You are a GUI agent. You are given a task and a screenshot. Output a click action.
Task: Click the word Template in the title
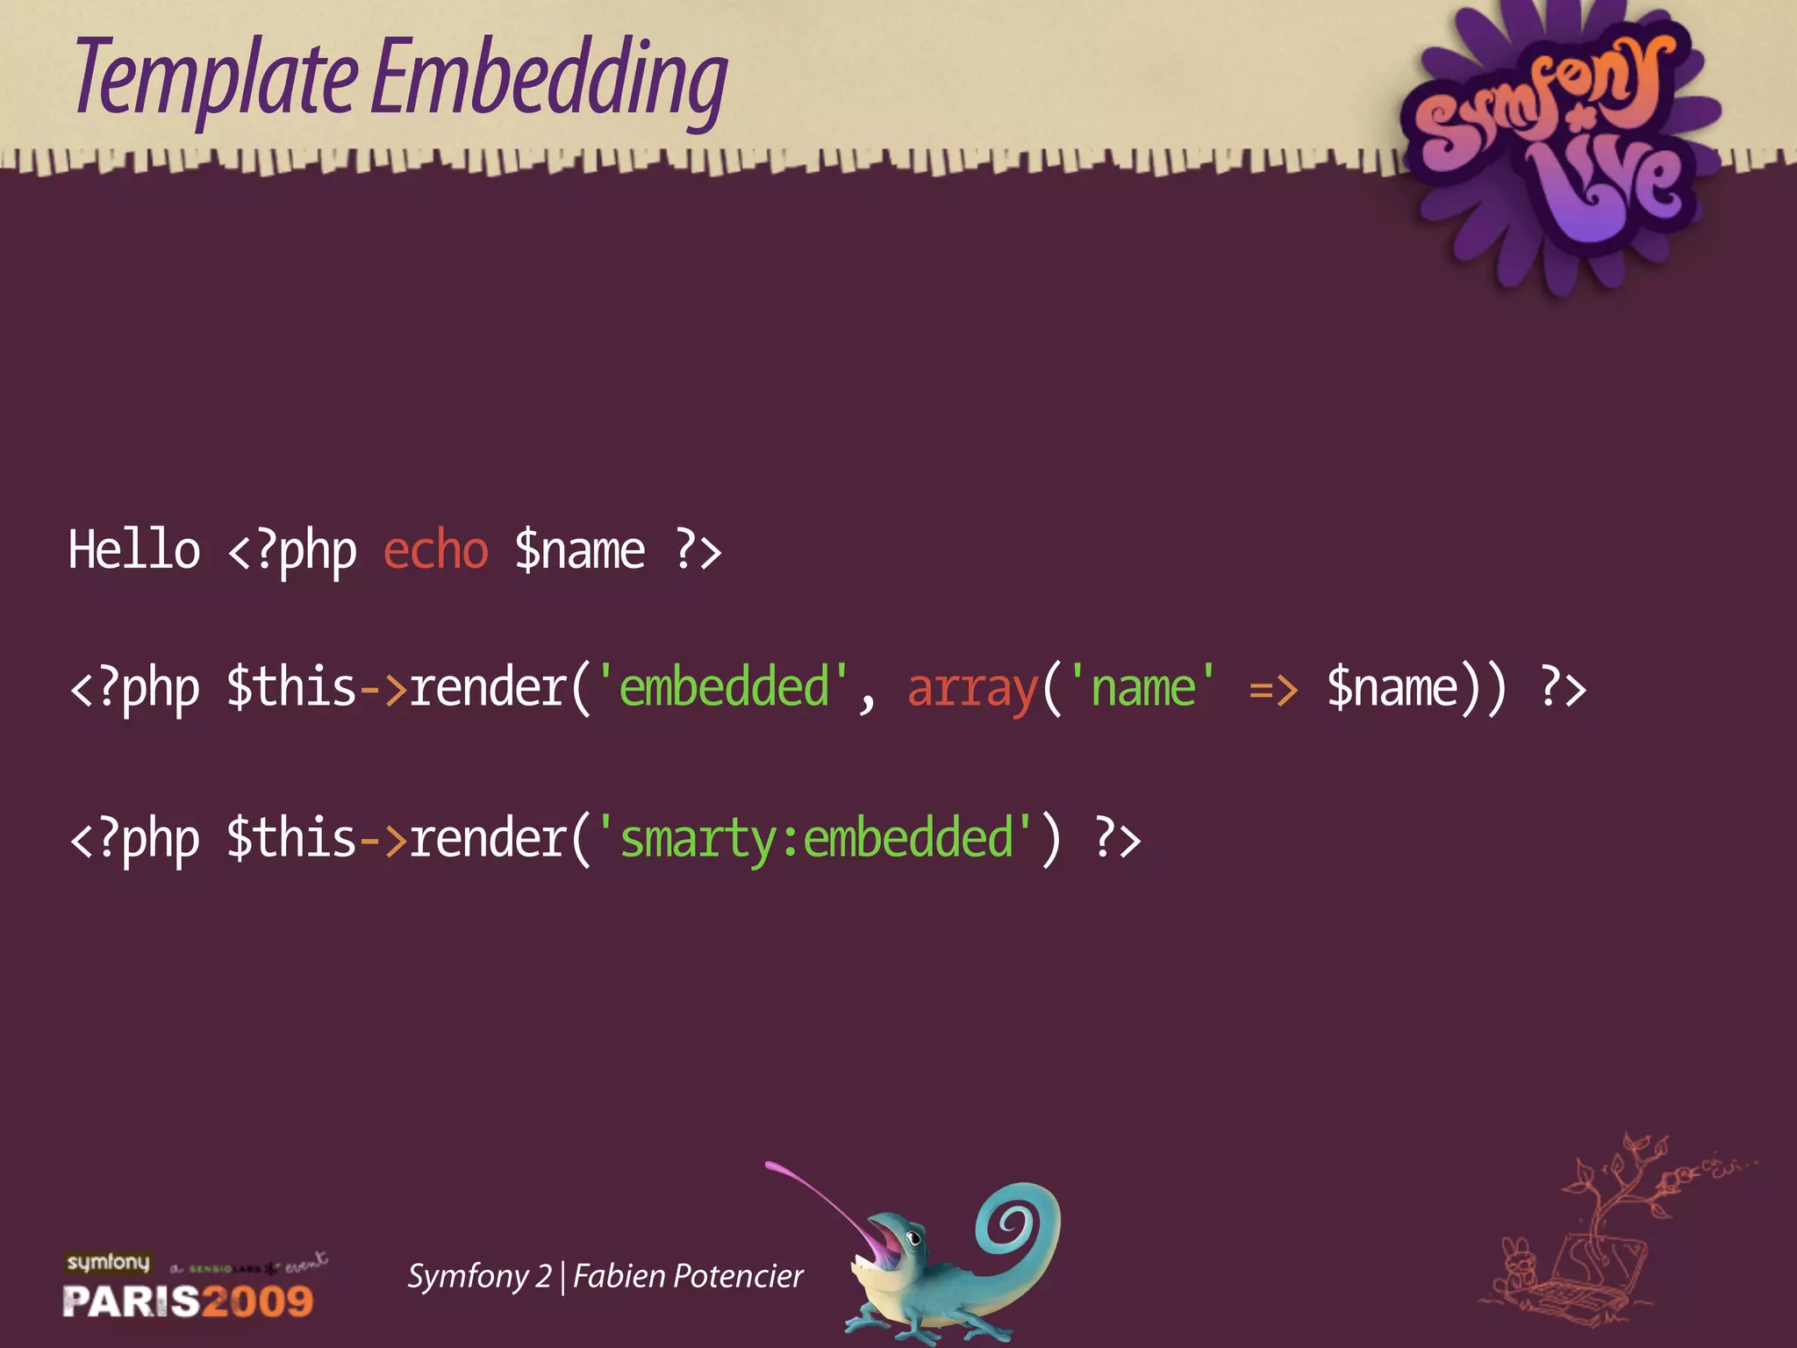click(216, 79)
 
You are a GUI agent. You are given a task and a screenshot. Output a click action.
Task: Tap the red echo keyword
click(435, 551)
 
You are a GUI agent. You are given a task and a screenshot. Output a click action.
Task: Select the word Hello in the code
click(134, 551)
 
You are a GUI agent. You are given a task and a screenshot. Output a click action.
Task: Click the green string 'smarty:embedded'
click(816, 839)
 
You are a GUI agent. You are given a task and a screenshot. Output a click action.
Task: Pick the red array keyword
click(972, 688)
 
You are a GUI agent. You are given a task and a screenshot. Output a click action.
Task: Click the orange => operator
click(1273, 690)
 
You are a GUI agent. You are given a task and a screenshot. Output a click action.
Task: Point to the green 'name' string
click(1143, 688)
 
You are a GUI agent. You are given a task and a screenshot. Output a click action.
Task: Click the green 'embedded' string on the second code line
click(723, 688)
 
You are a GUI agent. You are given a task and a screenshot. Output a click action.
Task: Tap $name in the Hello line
click(579, 551)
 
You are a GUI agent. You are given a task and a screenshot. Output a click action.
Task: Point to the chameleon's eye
click(913, 1238)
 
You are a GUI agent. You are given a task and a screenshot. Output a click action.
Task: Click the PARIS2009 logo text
click(188, 1301)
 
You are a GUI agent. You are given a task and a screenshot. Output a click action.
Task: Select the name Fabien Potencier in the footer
click(688, 1276)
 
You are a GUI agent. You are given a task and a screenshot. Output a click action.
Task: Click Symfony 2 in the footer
click(479, 1276)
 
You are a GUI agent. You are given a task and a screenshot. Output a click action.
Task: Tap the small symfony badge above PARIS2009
click(108, 1262)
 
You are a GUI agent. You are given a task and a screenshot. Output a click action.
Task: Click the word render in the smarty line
click(488, 839)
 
